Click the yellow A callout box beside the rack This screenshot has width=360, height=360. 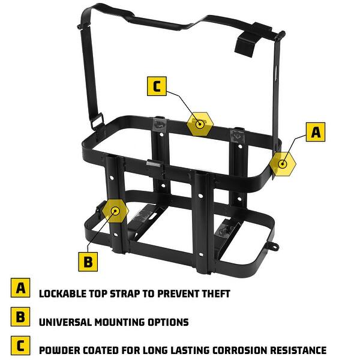315,132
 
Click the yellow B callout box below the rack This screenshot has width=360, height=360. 88,261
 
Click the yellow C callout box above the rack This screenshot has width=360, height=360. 157,86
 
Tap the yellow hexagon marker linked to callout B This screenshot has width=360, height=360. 115,211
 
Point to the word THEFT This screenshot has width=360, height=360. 214,294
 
